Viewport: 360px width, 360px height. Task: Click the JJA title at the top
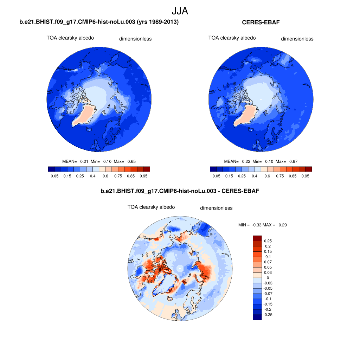(180, 11)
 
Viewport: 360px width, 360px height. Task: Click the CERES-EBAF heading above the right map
(261, 22)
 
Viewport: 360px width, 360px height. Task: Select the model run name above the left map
(99, 22)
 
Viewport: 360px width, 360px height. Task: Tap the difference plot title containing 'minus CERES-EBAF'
(180, 191)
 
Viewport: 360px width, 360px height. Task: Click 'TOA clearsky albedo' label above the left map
(70, 38)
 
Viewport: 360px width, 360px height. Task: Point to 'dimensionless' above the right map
(297, 39)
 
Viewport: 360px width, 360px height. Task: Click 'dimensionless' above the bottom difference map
(216, 208)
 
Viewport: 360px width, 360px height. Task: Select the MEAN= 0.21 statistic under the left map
(75, 161)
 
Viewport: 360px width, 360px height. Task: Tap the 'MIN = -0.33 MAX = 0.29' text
(263, 225)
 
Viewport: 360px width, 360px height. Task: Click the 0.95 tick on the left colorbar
(143, 176)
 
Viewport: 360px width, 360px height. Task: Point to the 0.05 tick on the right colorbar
(216, 176)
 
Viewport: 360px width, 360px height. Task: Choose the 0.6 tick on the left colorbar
(105, 176)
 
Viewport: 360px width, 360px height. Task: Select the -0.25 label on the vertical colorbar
(268, 315)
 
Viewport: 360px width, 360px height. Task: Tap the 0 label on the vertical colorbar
(268, 278)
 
